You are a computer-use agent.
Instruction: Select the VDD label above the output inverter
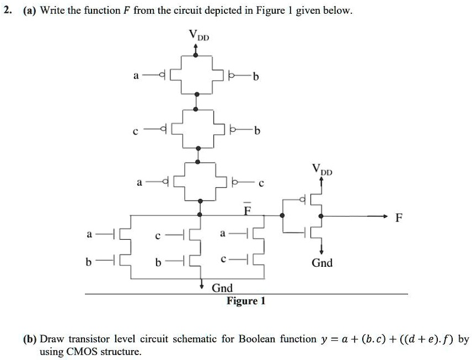click(321, 169)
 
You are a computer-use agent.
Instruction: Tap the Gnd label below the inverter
click(322, 263)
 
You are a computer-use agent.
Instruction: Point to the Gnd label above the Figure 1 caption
click(222, 288)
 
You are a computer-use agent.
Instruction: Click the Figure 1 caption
click(246, 301)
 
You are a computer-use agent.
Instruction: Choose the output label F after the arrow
click(399, 217)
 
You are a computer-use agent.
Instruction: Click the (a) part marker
click(30, 10)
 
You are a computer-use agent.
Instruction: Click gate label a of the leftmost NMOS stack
click(89, 234)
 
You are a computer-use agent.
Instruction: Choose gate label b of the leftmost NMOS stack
click(88, 262)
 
